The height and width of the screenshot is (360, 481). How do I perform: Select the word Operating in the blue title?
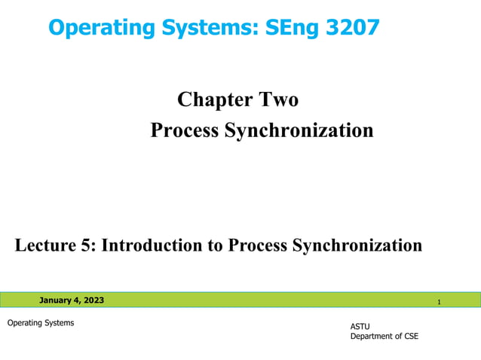[x=95, y=29]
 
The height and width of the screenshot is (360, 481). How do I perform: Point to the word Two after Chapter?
[x=279, y=99]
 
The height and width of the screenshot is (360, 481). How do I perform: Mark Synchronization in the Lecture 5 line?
[x=357, y=245]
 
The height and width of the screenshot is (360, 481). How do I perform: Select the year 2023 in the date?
[x=93, y=301]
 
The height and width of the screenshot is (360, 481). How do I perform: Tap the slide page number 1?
[x=439, y=302]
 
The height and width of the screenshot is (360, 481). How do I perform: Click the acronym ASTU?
[x=360, y=326]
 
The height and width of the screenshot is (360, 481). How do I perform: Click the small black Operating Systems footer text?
[x=41, y=323]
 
